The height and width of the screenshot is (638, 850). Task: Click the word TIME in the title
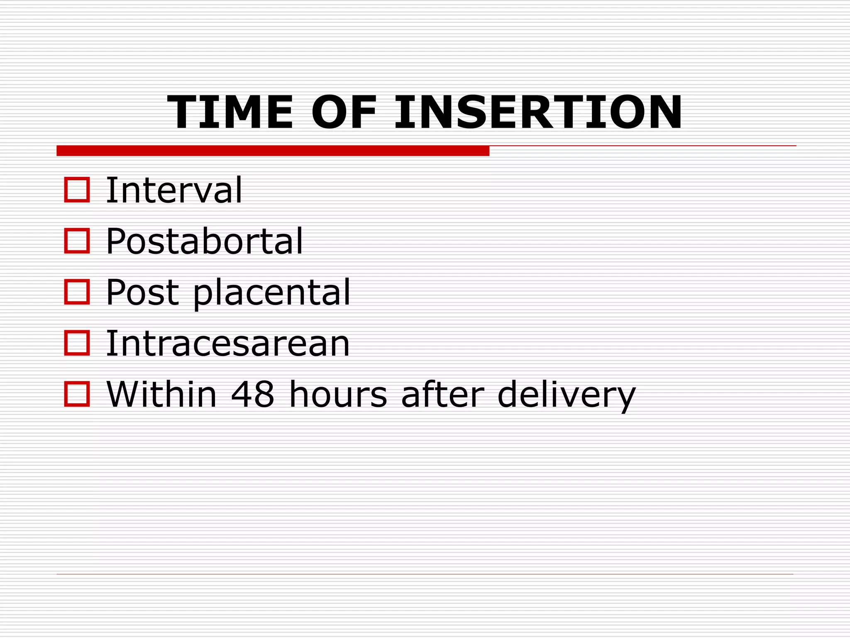230,113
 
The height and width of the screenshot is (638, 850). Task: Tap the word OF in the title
344,113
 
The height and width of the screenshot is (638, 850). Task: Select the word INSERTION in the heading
538,113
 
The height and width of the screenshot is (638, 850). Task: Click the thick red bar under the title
273,151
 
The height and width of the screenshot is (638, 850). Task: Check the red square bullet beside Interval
77,190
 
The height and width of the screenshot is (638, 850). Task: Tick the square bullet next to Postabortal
77,241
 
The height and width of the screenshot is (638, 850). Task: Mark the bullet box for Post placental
77,292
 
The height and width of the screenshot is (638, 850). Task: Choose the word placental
272,293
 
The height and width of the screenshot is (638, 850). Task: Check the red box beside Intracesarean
77,343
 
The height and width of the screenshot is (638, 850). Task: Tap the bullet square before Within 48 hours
77,394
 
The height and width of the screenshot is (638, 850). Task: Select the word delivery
567,395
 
